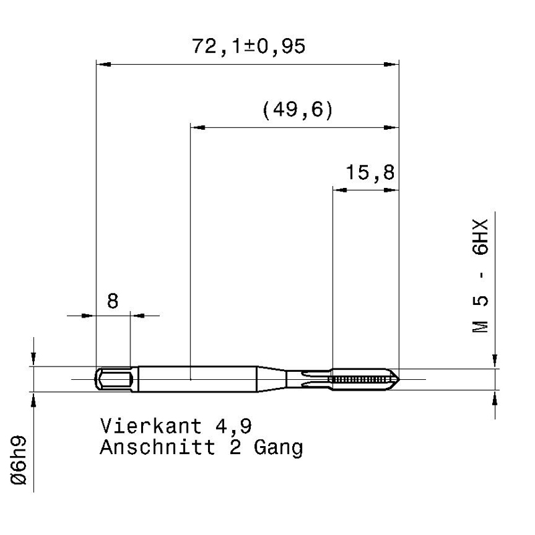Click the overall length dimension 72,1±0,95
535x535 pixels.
[x=248, y=46]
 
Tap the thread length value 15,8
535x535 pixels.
[x=370, y=172]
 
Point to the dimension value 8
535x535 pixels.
[x=112, y=302]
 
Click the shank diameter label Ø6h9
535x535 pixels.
[x=19, y=459]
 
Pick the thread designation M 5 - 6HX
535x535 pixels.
[x=480, y=276]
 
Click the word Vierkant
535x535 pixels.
[x=151, y=426]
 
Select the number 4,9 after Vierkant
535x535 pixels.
[x=233, y=427]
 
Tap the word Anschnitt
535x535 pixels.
[x=157, y=447]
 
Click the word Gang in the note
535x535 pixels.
[x=278, y=448]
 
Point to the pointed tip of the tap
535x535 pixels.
[x=399, y=379]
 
